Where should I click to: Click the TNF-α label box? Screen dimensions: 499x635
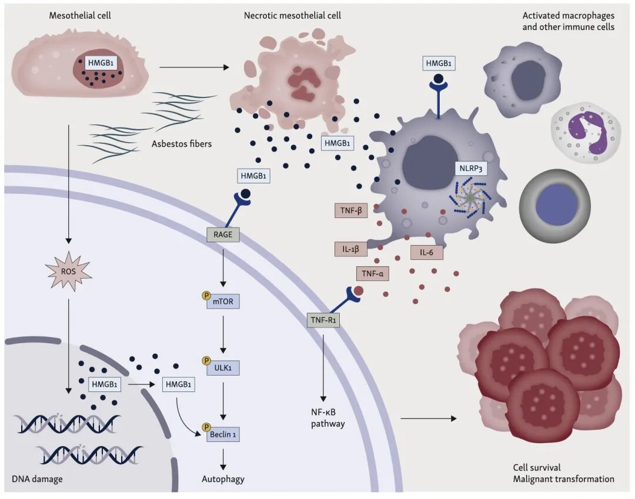(x=372, y=273)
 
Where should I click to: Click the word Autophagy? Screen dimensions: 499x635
(x=223, y=479)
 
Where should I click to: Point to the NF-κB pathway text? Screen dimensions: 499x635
(x=328, y=416)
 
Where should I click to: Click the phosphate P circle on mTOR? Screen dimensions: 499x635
(x=206, y=297)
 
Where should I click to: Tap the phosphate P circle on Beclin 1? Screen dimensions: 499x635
(x=206, y=427)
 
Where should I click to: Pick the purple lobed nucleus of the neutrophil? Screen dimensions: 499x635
(x=584, y=130)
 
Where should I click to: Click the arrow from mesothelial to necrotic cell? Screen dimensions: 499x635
(x=194, y=66)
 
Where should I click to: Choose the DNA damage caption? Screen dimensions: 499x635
(x=37, y=479)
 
